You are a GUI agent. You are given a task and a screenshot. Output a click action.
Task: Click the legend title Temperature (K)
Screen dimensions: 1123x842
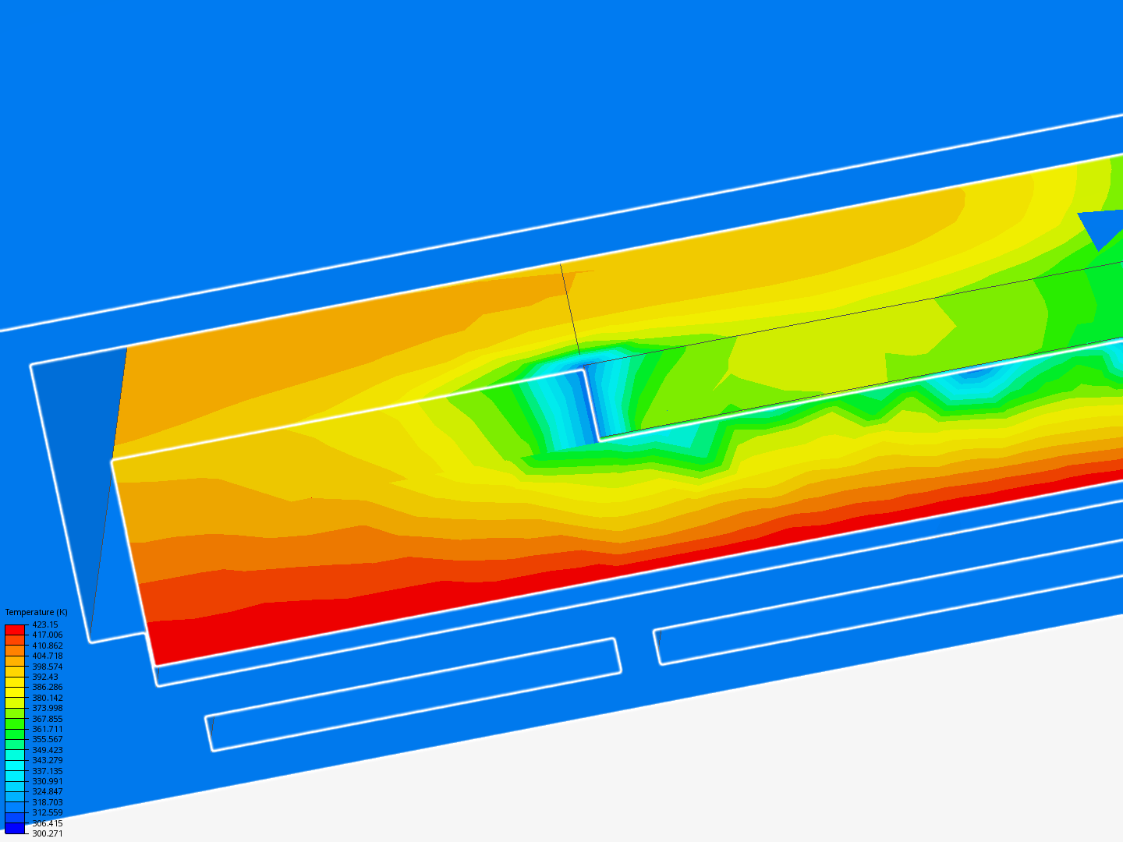(x=37, y=612)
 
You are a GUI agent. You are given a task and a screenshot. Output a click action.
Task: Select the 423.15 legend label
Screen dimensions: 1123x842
(x=45, y=624)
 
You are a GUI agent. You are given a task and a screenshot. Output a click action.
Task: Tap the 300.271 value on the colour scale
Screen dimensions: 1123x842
(x=48, y=833)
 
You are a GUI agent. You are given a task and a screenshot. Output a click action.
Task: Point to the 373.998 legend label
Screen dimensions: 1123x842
(x=48, y=708)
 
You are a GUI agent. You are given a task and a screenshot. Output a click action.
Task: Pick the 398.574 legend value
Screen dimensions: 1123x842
(x=48, y=667)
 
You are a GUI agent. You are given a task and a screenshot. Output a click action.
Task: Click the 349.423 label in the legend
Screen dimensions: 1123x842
(x=48, y=750)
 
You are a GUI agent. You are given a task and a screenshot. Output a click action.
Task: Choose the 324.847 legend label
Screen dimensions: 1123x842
(x=48, y=791)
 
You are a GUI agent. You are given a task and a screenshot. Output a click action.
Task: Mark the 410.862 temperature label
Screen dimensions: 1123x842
(x=48, y=646)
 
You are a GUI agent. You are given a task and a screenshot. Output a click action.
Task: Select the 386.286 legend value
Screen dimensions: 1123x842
(x=48, y=687)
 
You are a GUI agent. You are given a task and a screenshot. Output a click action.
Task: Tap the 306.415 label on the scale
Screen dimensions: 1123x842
(x=48, y=823)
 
